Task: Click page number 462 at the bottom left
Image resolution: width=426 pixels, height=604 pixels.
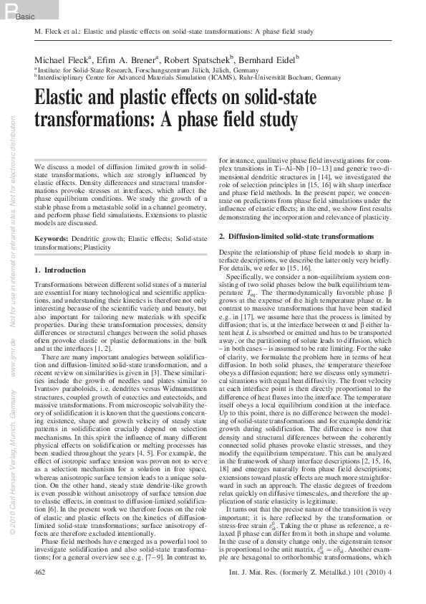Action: [x=41, y=593]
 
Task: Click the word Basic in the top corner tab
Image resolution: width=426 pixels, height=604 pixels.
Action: [x=24, y=16]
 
